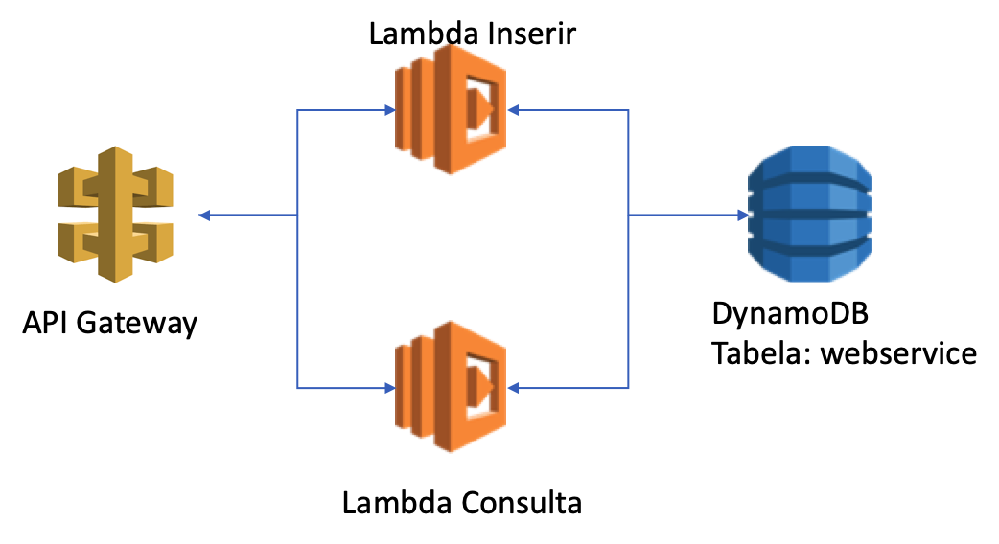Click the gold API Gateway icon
[x=115, y=215]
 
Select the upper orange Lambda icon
[x=451, y=109]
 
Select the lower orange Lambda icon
[x=451, y=387]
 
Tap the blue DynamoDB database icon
[x=810, y=215]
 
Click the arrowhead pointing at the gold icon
[x=204, y=215]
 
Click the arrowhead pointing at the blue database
[x=743, y=215]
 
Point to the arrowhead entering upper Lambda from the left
[x=390, y=110]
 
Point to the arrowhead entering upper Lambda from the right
[x=513, y=110]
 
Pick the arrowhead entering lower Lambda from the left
[x=390, y=388]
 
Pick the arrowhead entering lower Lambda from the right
[x=513, y=388]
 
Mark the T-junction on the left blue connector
[x=297, y=215]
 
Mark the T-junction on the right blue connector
[x=629, y=215]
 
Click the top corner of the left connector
[x=297, y=110]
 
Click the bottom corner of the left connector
[x=297, y=388]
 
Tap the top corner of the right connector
[x=629, y=110]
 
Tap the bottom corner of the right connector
[x=629, y=388]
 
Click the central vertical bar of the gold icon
[x=115, y=215]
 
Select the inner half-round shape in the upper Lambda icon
[x=478, y=109]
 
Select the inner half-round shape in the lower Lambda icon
[x=478, y=386]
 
